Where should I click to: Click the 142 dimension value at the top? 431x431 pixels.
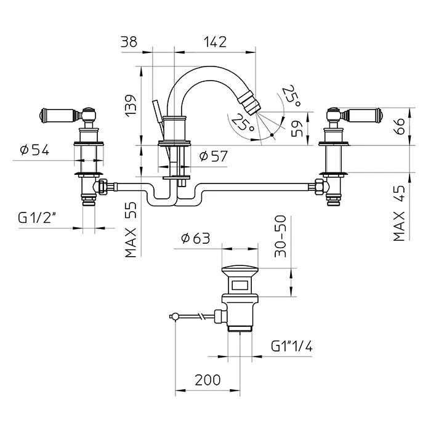pyautogui.click(x=216, y=42)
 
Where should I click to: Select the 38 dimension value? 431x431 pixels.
pyautogui.click(x=129, y=42)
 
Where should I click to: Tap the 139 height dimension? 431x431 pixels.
pyautogui.click(x=131, y=106)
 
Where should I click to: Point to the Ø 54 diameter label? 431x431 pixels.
pyautogui.click(x=34, y=150)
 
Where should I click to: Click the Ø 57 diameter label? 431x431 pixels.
pyautogui.click(x=214, y=156)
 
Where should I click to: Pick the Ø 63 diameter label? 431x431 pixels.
pyautogui.click(x=196, y=238)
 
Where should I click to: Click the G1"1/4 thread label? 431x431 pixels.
pyautogui.click(x=292, y=346)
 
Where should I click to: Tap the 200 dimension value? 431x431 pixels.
pyautogui.click(x=207, y=380)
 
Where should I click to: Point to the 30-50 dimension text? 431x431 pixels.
pyautogui.click(x=280, y=236)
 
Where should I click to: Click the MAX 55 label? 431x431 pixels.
pyautogui.click(x=131, y=230)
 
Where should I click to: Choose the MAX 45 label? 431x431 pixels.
pyautogui.click(x=399, y=213)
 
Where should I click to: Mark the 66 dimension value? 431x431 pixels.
pyautogui.click(x=399, y=126)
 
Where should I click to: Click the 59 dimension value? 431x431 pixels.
pyautogui.click(x=297, y=129)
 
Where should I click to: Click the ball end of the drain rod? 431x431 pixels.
pyautogui.click(x=172, y=316)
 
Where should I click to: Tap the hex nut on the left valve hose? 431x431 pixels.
pyautogui.click(x=103, y=187)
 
